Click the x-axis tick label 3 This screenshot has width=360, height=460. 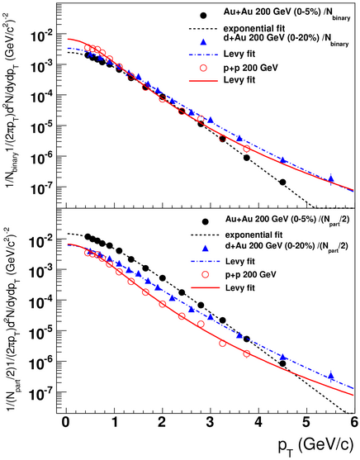(x=210, y=423)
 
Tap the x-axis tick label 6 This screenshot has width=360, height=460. (x=354, y=423)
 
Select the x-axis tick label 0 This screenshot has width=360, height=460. (x=66, y=423)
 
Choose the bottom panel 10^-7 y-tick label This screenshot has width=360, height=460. (x=41, y=393)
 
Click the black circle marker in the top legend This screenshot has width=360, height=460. (x=203, y=16)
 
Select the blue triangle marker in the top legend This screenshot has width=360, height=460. (x=203, y=42)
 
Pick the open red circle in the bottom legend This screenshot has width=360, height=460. (x=206, y=274)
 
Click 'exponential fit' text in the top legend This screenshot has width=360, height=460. (x=254, y=29)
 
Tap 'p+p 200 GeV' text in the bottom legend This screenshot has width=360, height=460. (x=251, y=275)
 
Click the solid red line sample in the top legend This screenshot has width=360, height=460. (x=203, y=80)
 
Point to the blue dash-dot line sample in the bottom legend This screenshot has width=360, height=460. (x=205, y=261)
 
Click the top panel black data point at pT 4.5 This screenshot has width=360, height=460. (x=282, y=183)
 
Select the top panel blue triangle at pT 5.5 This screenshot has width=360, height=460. (x=331, y=178)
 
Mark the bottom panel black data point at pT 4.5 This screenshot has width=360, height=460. (x=282, y=363)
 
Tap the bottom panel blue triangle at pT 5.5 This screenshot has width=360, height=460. (x=331, y=376)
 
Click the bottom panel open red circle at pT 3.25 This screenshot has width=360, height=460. (x=222, y=344)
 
